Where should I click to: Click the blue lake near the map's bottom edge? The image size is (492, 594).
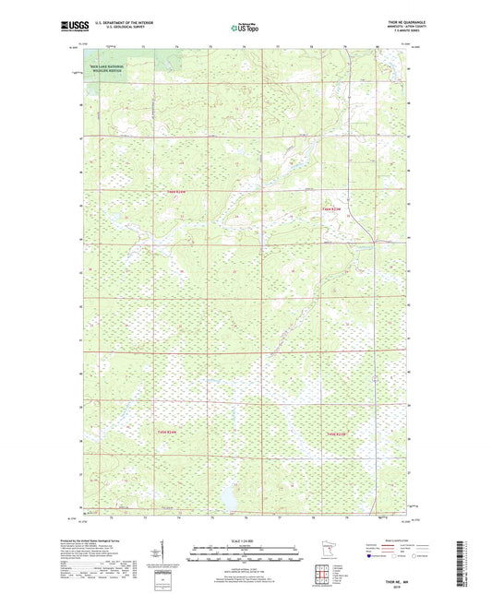[225, 500]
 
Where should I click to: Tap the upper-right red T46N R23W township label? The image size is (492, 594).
[332, 209]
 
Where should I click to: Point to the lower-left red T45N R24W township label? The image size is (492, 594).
[166, 432]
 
